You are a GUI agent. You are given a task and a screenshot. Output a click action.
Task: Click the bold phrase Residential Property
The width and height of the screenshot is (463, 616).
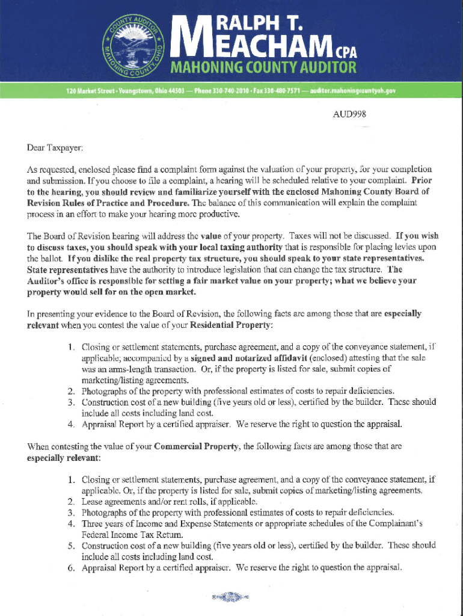click(231, 325)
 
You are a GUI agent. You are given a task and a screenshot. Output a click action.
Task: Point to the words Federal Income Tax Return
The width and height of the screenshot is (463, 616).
click(132, 535)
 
